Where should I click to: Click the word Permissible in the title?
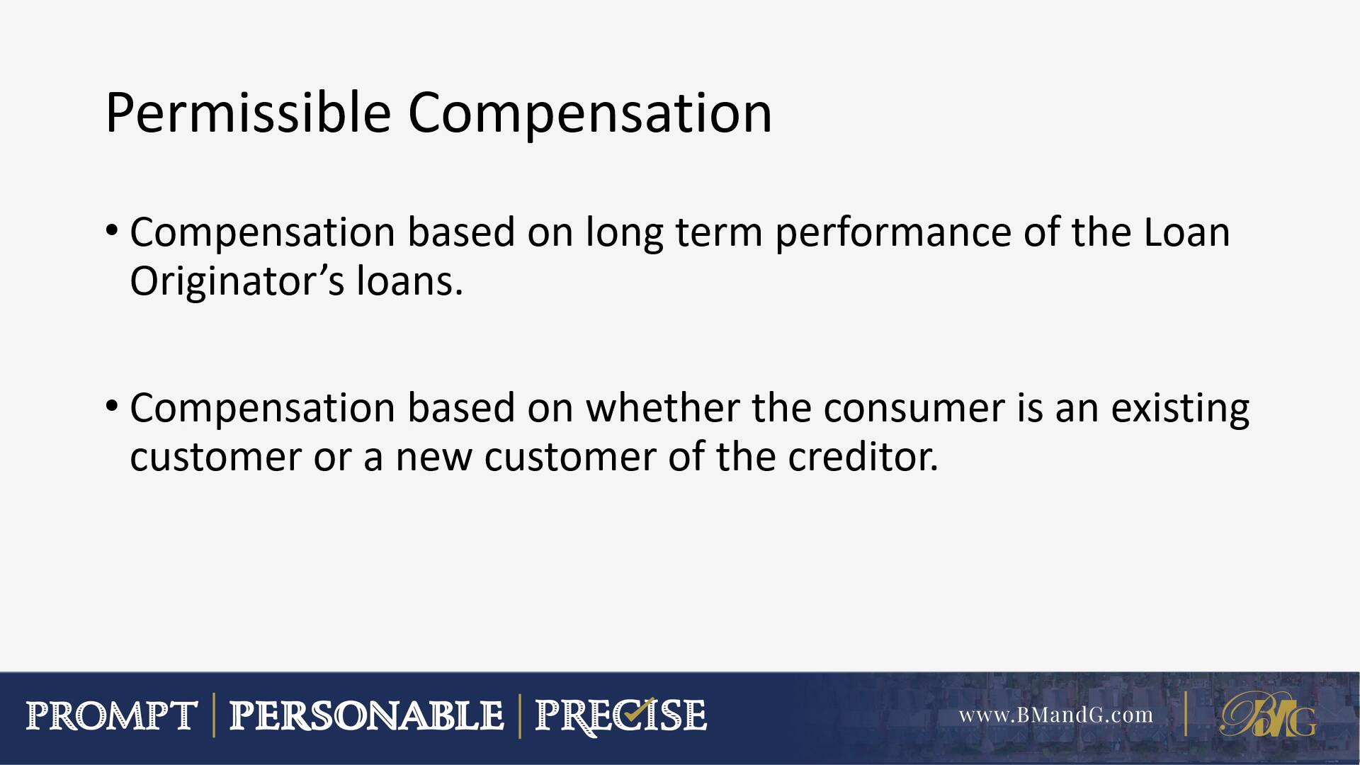(x=248, y=113)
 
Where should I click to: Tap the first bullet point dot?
(x=112, y=230)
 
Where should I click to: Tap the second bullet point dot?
(x=112, y=406)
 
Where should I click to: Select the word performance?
(x=893, y=234)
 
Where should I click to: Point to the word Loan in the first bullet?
(x=1186, y=232)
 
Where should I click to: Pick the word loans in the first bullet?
(x=409, y=281)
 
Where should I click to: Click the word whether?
(x=662, y=408)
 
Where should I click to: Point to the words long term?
(x=674, y=234)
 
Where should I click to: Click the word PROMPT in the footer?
(x=111, y=715)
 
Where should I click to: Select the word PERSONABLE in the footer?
(x=366, y=715)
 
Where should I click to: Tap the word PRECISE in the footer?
(x=620, y=716)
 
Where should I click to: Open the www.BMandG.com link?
(x=1055, y=715)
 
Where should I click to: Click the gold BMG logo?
(x=1268, y=714)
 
